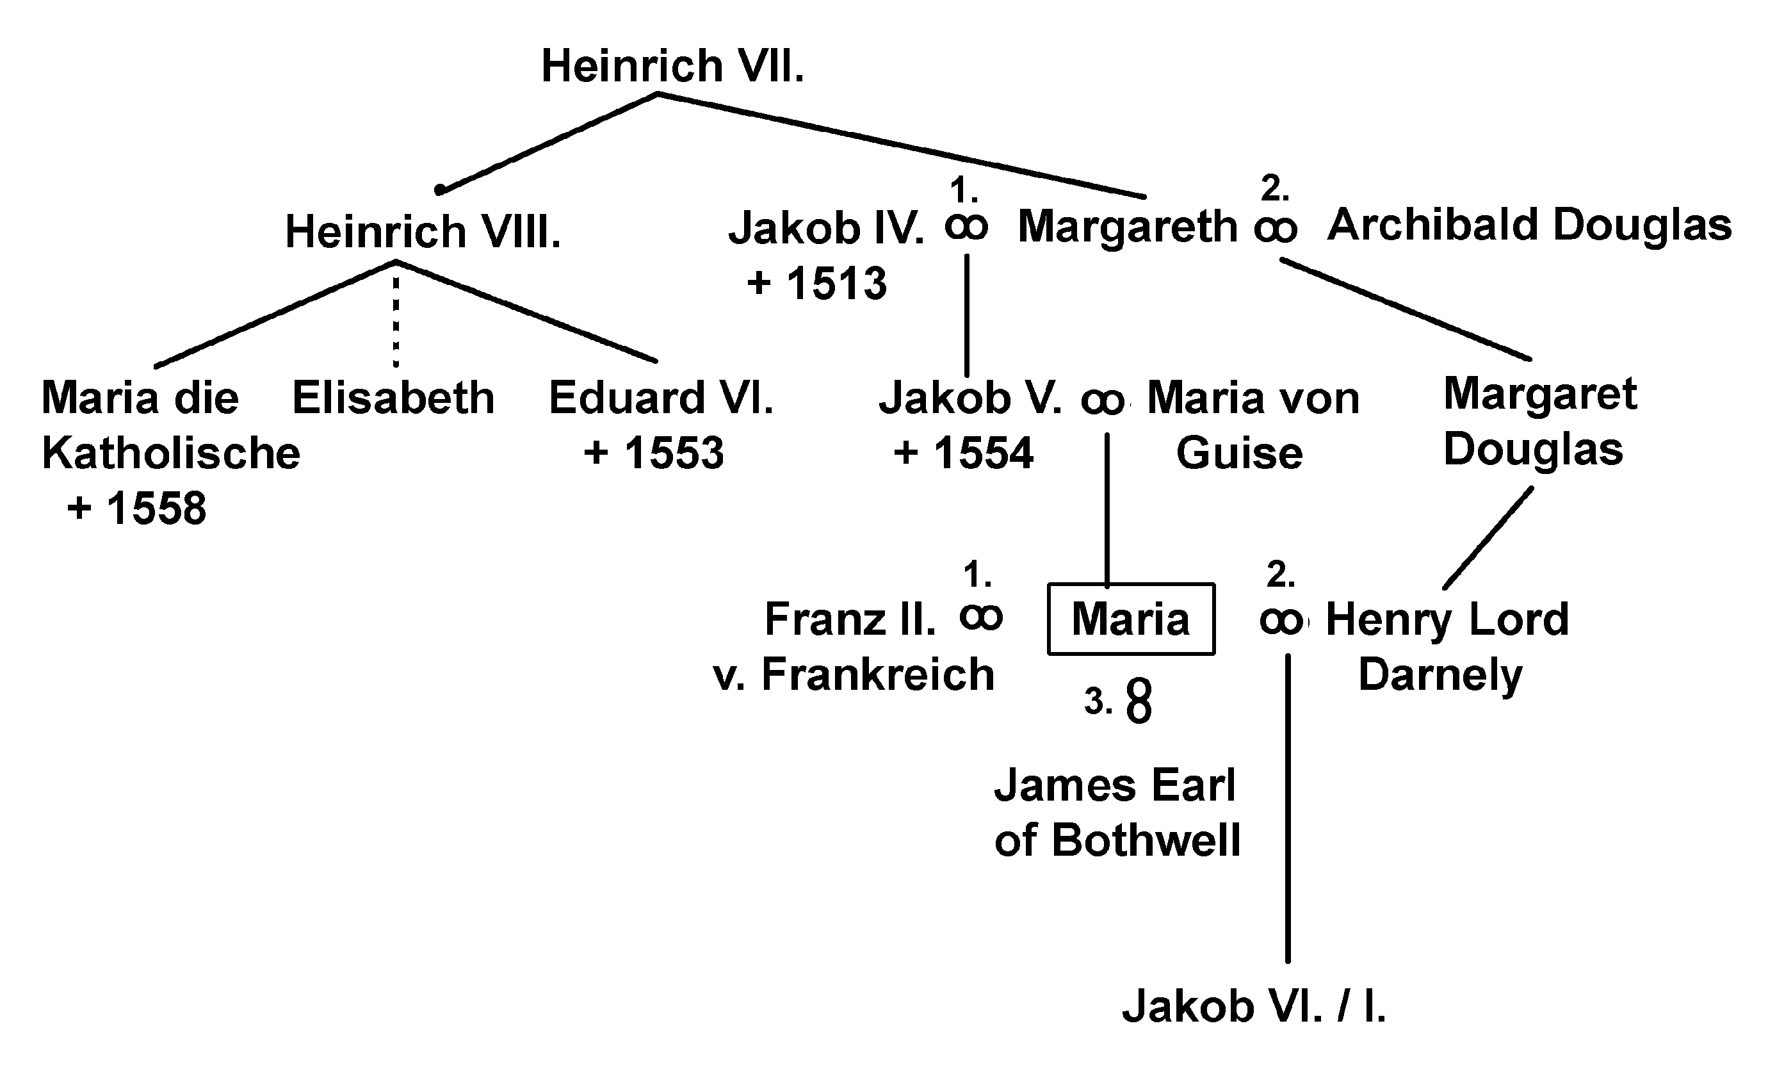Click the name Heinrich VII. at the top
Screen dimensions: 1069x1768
pos(672,66)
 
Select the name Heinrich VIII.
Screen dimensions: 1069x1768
pos(423,233)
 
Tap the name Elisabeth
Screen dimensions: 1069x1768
pos(393,398)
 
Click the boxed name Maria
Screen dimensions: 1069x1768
pos(1131,619)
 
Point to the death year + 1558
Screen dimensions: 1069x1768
pos(136,509)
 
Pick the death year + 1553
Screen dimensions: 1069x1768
pos(654,453)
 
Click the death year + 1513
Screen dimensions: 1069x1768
pos(816,283)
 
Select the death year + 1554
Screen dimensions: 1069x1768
pos(963,453)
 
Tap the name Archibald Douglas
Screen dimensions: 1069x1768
pos(1529,225)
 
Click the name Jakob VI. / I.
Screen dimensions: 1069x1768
pos(1254,1006)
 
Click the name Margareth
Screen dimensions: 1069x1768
pos(1128,227)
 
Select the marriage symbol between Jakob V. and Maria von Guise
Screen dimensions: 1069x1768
pos(1102,402)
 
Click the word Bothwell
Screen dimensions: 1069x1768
pos(1146,840)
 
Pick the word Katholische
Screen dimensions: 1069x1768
pos(171,453)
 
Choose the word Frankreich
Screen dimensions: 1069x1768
pos(877,675)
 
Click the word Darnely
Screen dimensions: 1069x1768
pos(1440,676)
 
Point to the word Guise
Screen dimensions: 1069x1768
pos(1239,453)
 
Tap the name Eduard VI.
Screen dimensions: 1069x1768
pos(661,398)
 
